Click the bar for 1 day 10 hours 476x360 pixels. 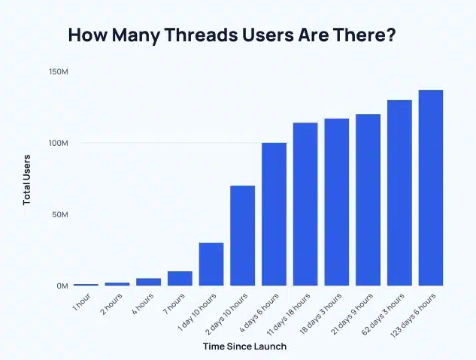pyautogui.click(x=211, y=264)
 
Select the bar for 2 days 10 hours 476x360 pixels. pyautogui.click(x=243, y=235)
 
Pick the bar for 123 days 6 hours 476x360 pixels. pyautogui.click(x=431, y=188)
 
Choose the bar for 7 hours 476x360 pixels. pyautogui.click(x=180, y=278)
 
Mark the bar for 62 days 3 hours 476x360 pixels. pyautogui.click(x=399, y=192)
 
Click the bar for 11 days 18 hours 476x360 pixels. pyautogui.click(x=305, y=204)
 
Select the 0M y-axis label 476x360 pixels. pyautogui.click(x=62, y=286)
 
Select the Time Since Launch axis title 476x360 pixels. pyautogui.click(x=244, y=346)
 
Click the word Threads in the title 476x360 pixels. pyautogui.click(x=212, y=35)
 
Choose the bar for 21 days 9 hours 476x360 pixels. pyautogui.click(x=368, y=200)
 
